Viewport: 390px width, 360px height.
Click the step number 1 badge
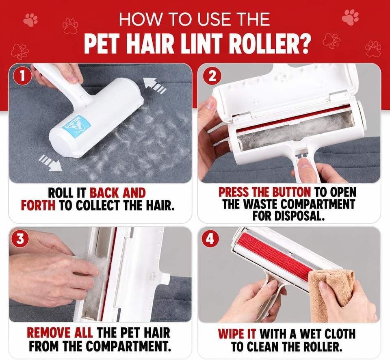point(22,76)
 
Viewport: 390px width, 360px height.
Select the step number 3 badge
point(21,239)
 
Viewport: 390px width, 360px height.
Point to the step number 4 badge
point(210,239)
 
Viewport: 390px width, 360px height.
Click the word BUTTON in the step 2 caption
point(291,192)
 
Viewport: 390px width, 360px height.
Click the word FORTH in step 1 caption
point(38,206)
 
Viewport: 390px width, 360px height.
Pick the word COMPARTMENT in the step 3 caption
point(129,346)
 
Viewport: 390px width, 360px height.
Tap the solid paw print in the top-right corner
point(350,17)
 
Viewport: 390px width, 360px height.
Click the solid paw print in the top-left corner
point(30,20)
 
